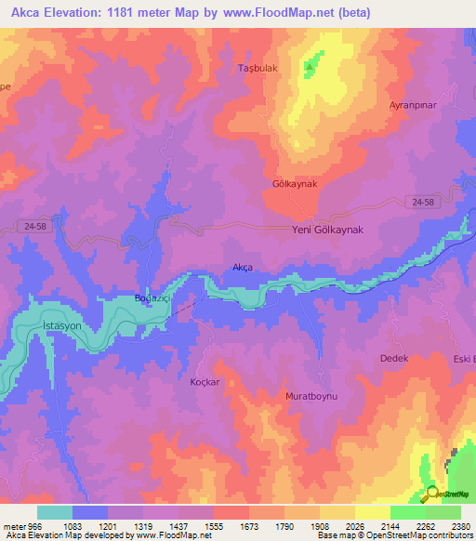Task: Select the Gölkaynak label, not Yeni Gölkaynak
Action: pyautogui.click(x=295, y=184)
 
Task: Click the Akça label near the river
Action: pyautogui.click(x=242, y=268)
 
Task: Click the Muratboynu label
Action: pyautogui.click(x=311, y=395)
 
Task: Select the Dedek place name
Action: pyautogui.click(x=394, y=358)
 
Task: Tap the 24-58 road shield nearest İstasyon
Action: pyautogui.click(x=33, y=227)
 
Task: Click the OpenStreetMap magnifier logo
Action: pyautogui.click(x=431, y=494)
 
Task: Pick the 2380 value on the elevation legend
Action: pyautogui.click(x=461, y=525)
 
